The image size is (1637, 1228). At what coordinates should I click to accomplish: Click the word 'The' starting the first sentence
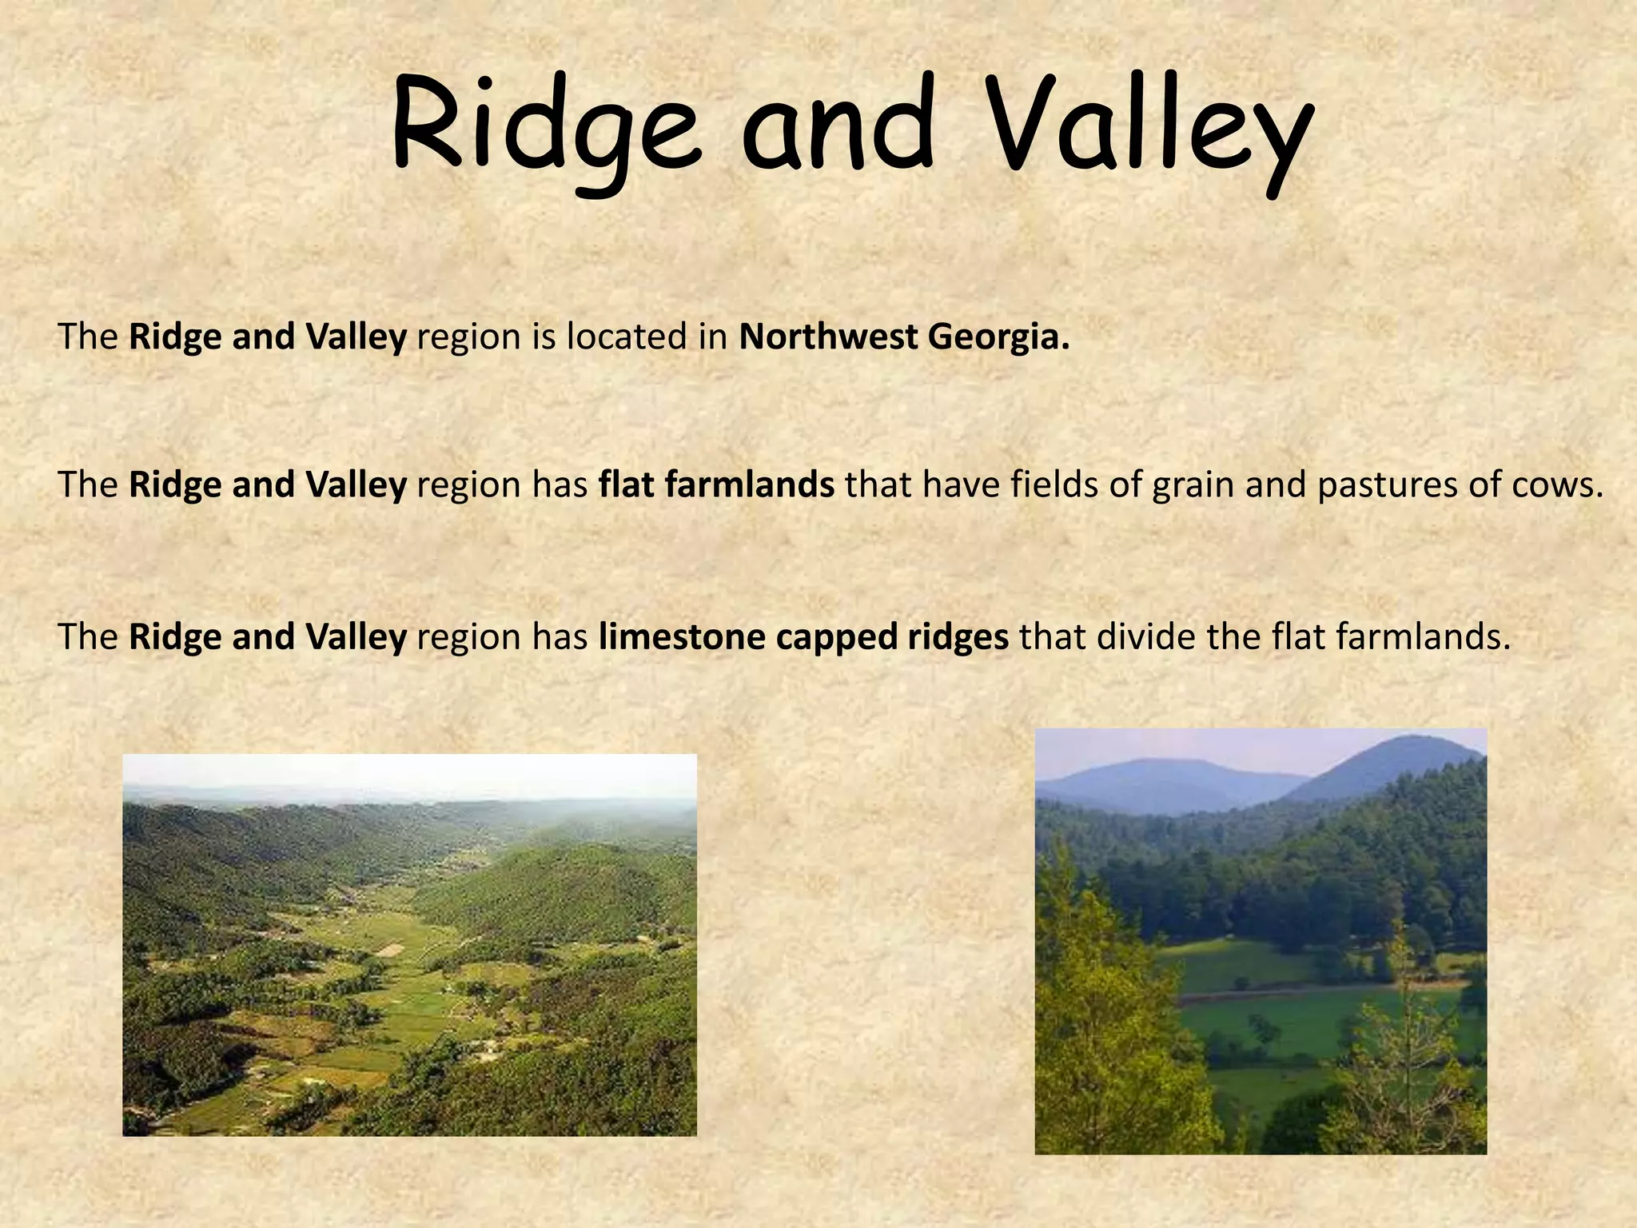point(88,337)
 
